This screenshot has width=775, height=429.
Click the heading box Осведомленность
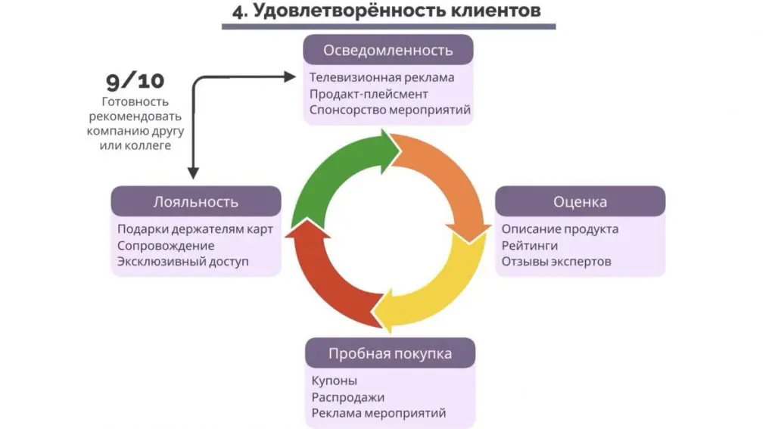(388, 51)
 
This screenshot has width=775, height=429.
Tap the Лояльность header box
(196, 201)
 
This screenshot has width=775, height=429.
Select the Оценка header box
(580, 202)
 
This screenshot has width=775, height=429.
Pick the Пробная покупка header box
(390, 353)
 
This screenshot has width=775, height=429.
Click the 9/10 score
(135, 80)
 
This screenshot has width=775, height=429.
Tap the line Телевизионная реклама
(381, 77)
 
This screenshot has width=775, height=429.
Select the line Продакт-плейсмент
(369, 94)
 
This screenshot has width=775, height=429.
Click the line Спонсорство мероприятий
(390, 110)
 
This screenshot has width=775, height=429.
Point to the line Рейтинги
(529, 245)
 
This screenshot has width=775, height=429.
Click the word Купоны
(334, 381)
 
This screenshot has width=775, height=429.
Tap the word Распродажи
(347, 397)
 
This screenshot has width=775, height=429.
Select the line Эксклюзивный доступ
(182, 262)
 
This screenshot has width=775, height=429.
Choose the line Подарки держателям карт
(195, 228)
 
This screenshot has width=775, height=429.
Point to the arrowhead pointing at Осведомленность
(289, 76)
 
